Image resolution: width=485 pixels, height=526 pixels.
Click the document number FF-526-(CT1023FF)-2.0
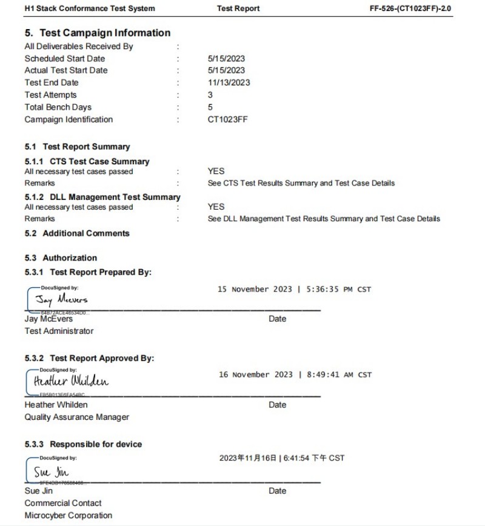coord(410,8)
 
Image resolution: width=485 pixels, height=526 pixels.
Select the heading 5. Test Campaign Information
coord(98,33)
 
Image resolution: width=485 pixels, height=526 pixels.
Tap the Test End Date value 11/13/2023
coord(229,82)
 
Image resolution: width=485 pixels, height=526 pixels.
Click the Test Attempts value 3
coord(210,95)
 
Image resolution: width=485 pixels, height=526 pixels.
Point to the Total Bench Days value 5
coord(210,107)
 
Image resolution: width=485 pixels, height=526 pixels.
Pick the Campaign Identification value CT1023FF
coord(227,119)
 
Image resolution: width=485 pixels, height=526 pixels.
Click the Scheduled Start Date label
coord(64,59)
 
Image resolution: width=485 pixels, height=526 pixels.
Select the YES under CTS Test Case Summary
coord(216,171)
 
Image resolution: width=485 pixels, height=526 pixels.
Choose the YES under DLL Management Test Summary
coord(216,207)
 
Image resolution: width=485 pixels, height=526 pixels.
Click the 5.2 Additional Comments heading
coord(77,233)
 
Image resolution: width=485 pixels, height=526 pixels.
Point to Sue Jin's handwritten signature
coord(51,471)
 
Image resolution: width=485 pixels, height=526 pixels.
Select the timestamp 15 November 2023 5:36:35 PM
coord(294,290)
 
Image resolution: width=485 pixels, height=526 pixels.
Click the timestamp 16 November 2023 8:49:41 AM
coord(295,375)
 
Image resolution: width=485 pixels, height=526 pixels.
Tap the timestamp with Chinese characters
coord(281,458)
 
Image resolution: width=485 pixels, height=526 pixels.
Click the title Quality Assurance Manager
coord(77,417)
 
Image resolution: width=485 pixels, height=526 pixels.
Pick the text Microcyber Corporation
coord(69,515)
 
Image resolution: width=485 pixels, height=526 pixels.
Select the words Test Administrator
coord(59,331)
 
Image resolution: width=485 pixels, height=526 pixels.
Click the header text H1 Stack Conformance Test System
coord(90,8)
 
